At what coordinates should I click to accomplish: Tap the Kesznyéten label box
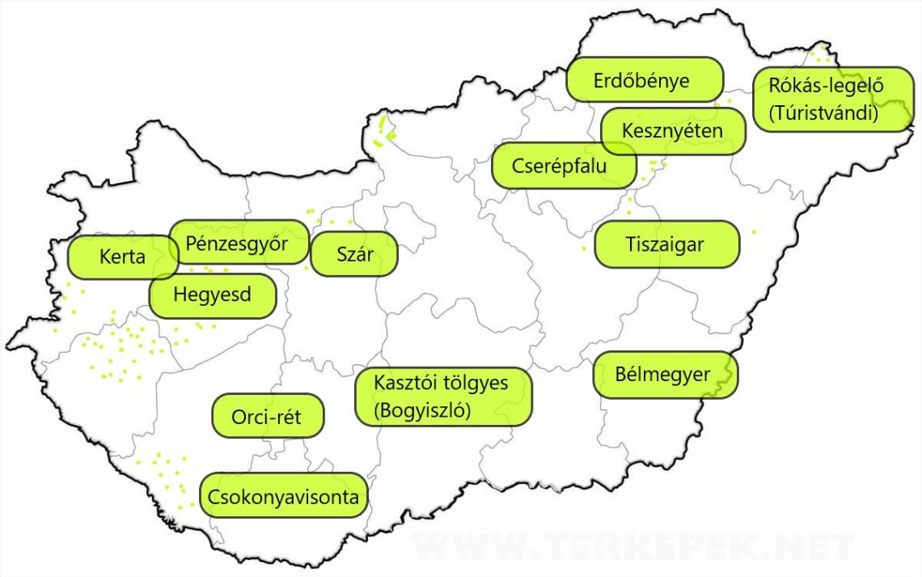coord(673,130)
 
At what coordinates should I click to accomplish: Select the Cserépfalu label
coord(552,166)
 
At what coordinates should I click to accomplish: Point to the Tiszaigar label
coord(666,244)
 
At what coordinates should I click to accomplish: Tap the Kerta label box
coord(123,258)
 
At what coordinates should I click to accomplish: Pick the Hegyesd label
coord(213,295)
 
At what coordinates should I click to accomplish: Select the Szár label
coord(354,254)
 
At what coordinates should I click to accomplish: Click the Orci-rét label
coord(266,416)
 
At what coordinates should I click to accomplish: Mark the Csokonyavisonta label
coord(283,496)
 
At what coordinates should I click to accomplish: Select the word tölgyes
coord(476,382)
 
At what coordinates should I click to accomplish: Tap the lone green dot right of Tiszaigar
coord(754,232)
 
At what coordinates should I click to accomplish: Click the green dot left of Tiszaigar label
coord(584,248)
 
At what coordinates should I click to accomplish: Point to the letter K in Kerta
coord(105,258)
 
